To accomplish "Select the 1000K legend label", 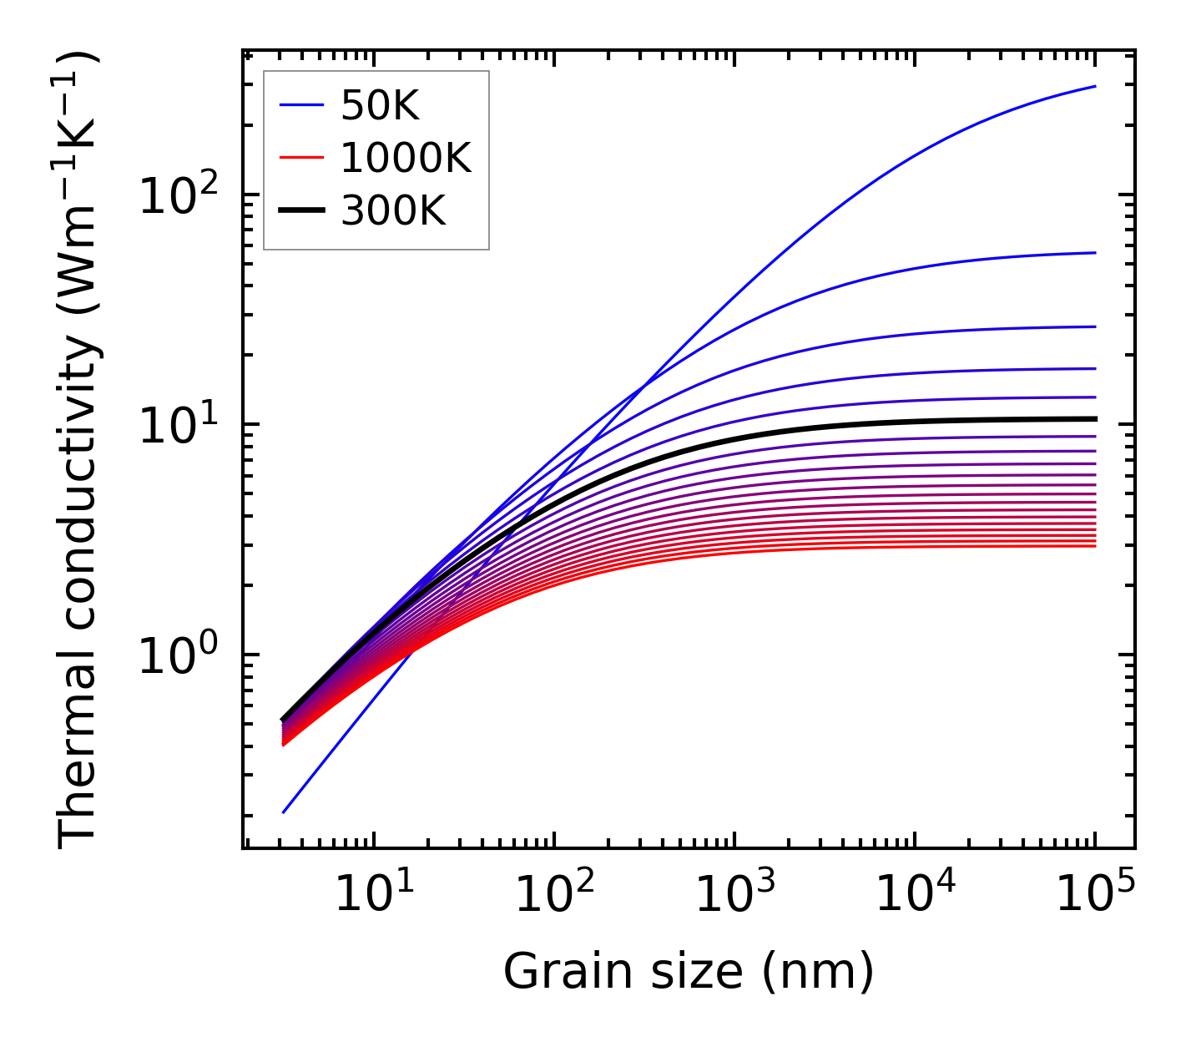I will pos(406,158).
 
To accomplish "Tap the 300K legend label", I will pos(393,211).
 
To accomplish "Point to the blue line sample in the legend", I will pos(301,105).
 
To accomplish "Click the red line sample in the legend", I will pos(301,158).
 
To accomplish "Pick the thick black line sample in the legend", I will pos(301,211).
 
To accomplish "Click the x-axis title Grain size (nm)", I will pos(689,972).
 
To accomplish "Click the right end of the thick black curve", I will pos(1094,419).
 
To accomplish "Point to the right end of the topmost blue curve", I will pos(1094,86).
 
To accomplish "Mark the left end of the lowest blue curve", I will pos(284,812).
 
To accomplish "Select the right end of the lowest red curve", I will pos(1094,546).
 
